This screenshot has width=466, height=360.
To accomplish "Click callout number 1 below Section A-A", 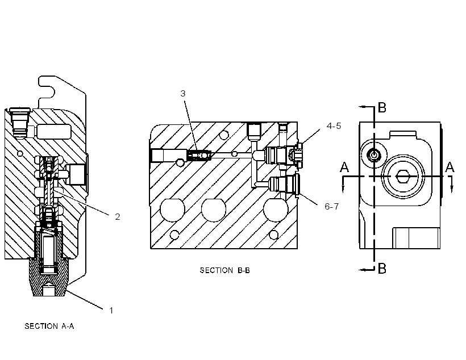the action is (111, 311).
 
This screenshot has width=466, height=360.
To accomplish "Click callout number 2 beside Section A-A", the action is (118, 217).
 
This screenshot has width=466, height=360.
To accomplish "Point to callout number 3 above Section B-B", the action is (183, 94).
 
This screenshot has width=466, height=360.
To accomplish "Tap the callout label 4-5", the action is (334, 126).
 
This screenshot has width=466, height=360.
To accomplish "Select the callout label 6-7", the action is (332, 207).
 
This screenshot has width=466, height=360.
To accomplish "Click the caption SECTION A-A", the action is (49, 326).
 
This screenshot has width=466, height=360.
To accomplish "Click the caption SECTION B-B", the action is (224, 270).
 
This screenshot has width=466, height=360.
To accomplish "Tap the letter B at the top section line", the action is (382, 107).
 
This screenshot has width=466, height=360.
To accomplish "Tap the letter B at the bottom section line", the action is (382, 269).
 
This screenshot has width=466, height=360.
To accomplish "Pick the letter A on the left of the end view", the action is (344, 167).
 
